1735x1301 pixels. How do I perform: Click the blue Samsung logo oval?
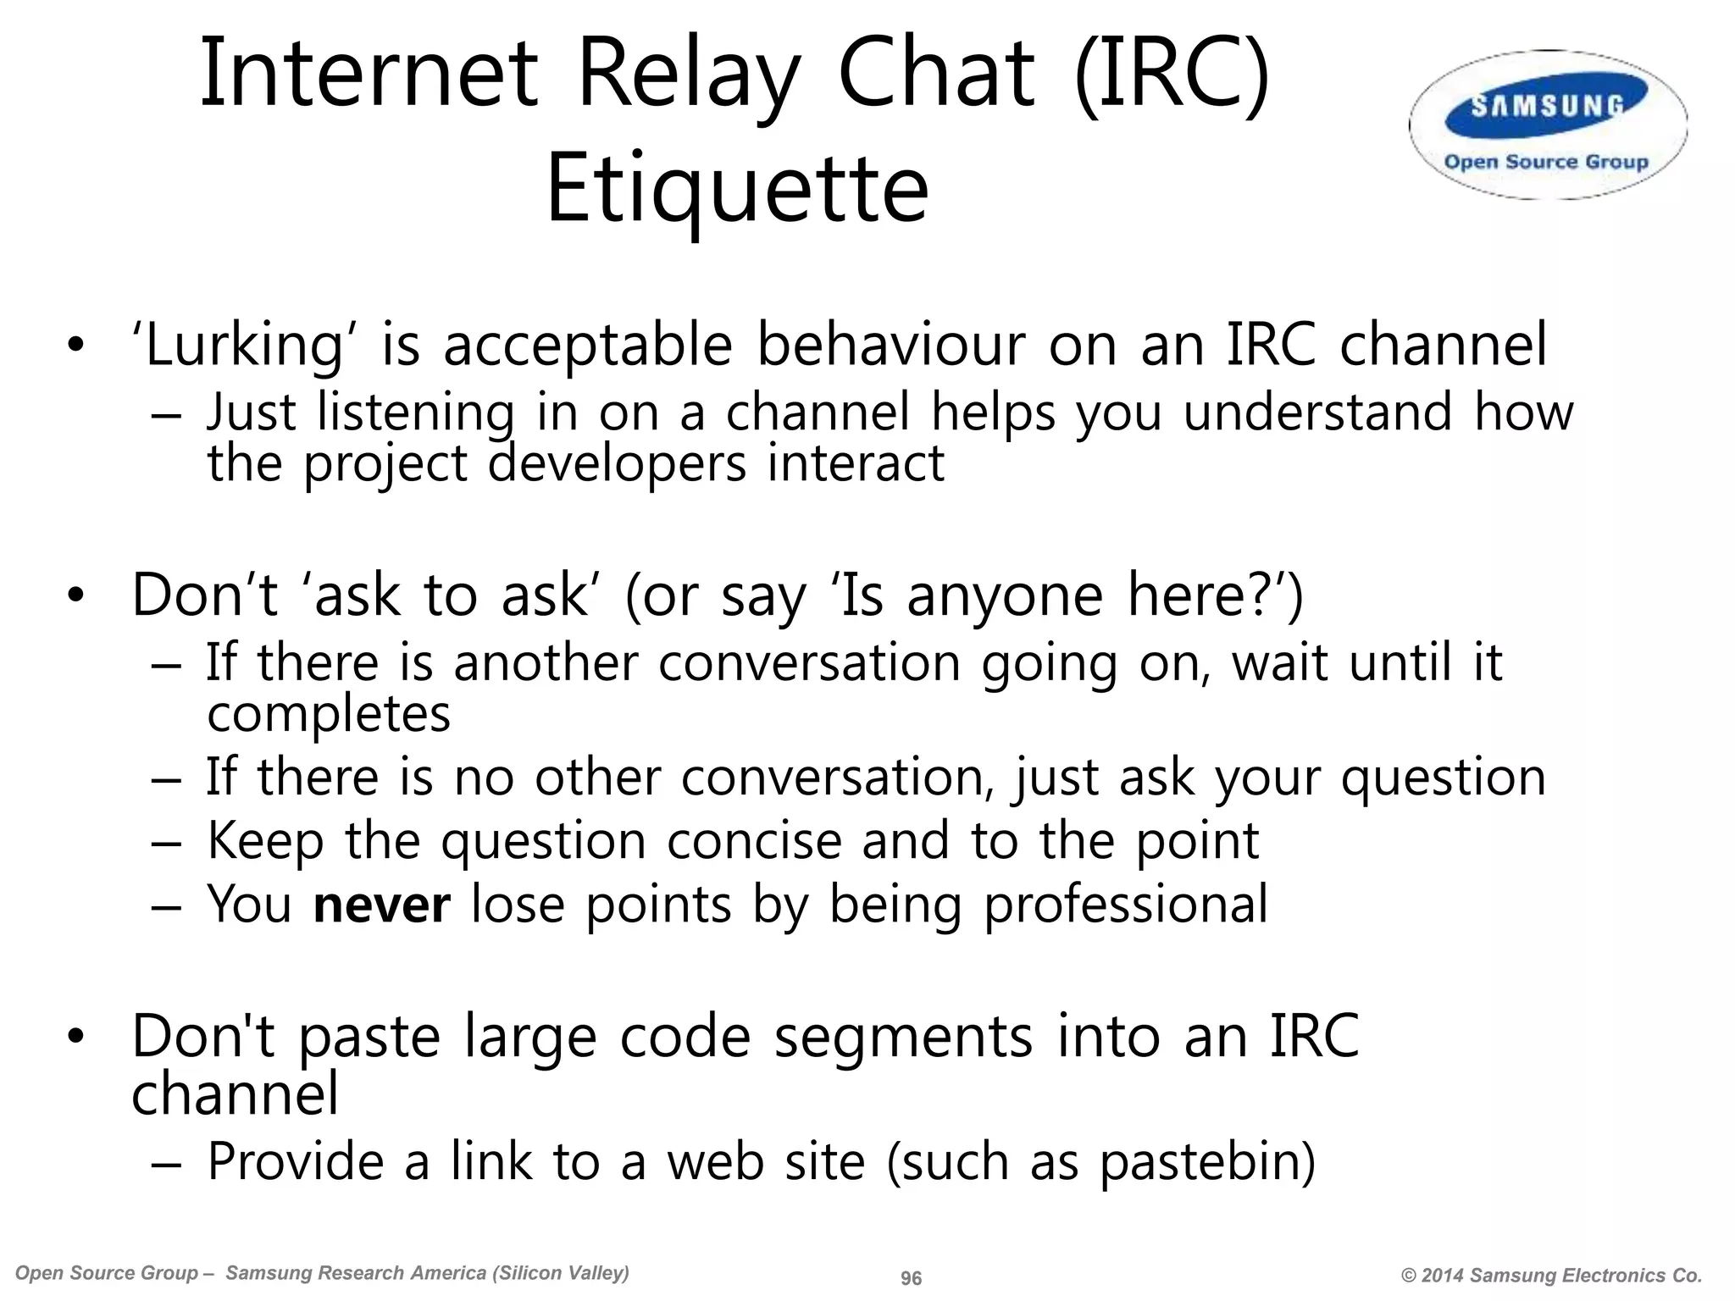tap(1547, 106)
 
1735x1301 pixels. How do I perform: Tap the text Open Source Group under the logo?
tap(1546, 162)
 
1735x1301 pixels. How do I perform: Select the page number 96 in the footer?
tap(911, 1278)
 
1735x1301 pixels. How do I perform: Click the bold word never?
tap(381, 904)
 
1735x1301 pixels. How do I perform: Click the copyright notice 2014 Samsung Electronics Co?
tap(1551, 1276)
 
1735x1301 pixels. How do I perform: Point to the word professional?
tap(1126, 904)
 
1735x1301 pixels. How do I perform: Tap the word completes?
tap(329, 714)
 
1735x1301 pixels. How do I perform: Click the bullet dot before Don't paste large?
tap(76, 1038)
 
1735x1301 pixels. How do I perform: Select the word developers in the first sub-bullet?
tap(617, 464)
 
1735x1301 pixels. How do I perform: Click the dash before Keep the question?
tap(166, 843)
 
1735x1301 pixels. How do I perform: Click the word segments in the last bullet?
tap(903, 1038)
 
